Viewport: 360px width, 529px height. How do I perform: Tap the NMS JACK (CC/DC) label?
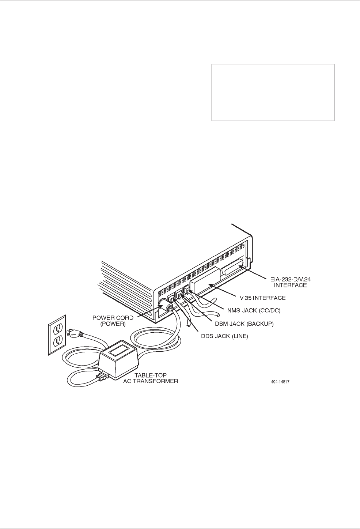tap(251, 310)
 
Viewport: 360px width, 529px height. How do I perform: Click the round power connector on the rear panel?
tap(163, 304)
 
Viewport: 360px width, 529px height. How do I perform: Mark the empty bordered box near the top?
tap(273, 92)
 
